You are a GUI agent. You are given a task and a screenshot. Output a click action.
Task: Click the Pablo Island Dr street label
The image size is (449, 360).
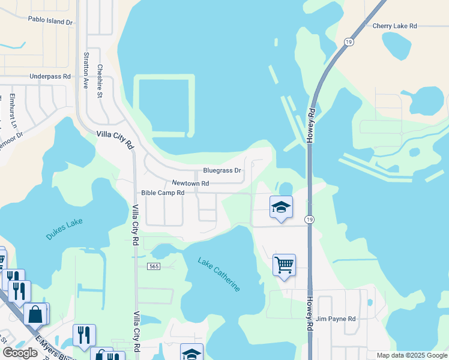point(50,20)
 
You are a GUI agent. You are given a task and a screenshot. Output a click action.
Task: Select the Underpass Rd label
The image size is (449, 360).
point(50,77)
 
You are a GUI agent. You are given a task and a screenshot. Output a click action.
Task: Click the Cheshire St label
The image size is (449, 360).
point(100,77)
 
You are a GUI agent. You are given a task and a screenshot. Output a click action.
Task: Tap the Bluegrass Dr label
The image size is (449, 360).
point(221,170)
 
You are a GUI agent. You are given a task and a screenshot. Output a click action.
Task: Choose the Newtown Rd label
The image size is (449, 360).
point(190,183)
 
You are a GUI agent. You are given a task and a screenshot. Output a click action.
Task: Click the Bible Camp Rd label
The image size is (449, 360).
point(162,193)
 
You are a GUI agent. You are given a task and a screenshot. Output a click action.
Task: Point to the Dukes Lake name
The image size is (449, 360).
point(64,229)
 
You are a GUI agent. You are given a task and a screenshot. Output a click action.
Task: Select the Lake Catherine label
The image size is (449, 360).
point(219,274)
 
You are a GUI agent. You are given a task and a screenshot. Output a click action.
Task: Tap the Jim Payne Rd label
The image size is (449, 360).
point(336,319)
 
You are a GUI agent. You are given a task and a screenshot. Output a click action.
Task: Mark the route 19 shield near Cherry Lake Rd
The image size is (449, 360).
point(348,41)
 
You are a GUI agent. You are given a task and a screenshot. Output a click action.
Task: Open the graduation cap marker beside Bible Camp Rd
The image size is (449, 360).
point(281,208)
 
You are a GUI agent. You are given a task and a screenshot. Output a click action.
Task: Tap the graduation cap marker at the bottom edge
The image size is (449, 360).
point(191,353)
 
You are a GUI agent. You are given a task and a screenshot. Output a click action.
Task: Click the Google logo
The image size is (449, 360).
point(20,353)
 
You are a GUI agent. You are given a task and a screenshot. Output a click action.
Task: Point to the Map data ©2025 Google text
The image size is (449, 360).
point(412,355)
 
